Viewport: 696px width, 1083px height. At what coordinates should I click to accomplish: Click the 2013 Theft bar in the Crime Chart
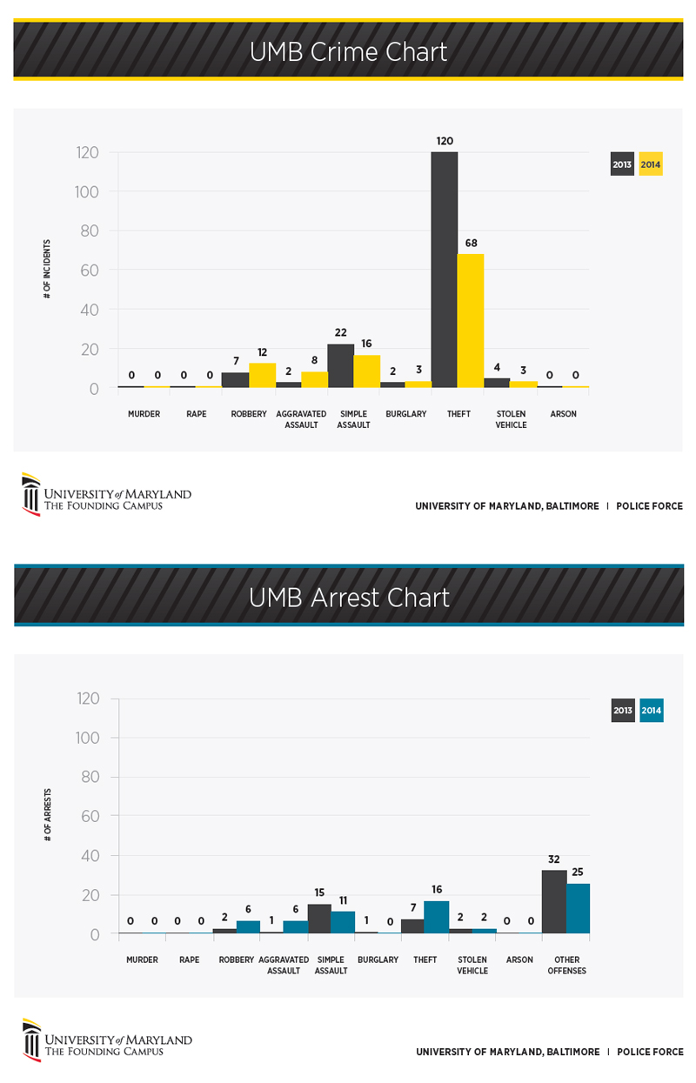[x=445, y=270]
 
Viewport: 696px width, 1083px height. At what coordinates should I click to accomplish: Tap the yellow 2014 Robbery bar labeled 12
[x=262, y=375]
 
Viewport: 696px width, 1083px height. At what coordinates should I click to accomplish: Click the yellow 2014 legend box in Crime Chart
[x=651, y=164]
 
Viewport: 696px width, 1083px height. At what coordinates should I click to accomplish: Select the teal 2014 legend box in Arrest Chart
[x=651, y=711]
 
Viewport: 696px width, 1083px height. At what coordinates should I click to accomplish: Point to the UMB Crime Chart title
[x=348, y=51]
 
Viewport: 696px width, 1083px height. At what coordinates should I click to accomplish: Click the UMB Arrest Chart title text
[x=348, y=598]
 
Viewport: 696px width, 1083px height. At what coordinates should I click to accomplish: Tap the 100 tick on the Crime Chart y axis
[x=87, y=191]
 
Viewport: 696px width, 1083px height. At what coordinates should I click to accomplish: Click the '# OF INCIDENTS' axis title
[x=47, y=270]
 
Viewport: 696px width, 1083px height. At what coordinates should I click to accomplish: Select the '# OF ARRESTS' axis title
[x=47, y=816]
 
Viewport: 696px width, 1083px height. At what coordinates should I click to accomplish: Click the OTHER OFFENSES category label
[x=566, y=965]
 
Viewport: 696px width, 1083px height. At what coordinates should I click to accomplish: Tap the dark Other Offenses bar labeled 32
[x=554, y=901]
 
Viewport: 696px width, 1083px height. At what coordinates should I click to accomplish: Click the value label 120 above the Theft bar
[x=445, y=140]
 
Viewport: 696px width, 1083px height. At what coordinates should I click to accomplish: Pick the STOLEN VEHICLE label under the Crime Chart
[x=511, y=419]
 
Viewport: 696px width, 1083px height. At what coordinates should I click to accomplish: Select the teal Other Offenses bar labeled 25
[x=578, y=908]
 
